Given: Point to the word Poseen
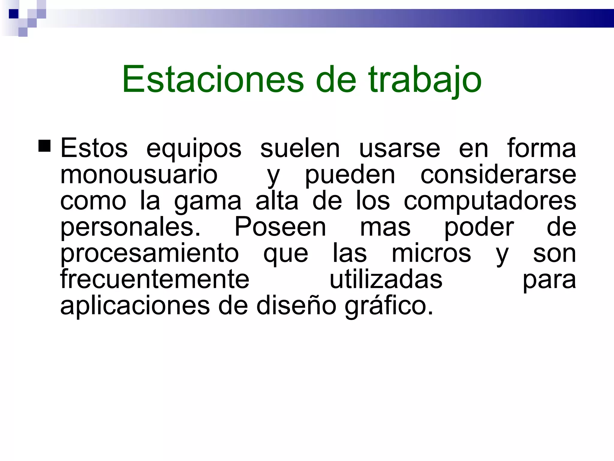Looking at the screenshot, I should (280, 227).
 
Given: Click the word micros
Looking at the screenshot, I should (431, 253).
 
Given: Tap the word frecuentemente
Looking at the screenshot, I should (155, 279).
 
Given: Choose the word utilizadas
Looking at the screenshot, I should (386, 279).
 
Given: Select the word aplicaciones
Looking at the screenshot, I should (135, 306).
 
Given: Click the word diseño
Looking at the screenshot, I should (296, 306).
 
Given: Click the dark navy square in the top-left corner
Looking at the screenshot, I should (14, 14).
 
